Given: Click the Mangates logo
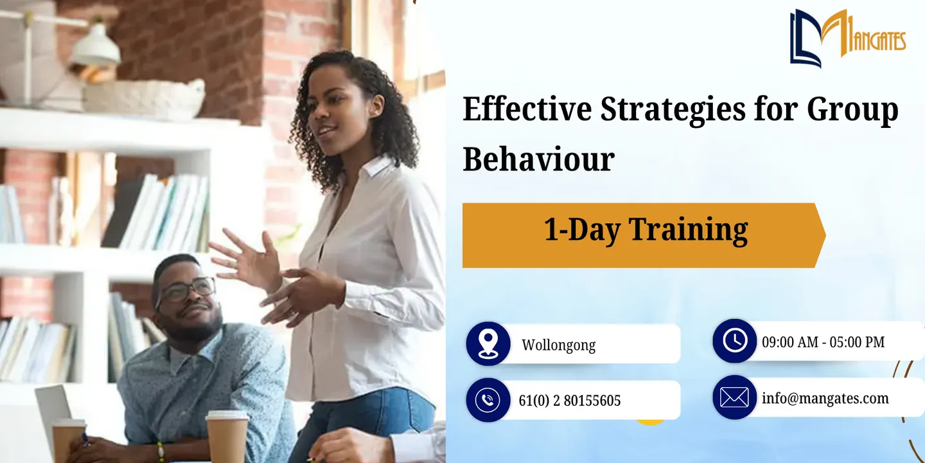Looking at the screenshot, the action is pyautogui.click(x=847, y=38).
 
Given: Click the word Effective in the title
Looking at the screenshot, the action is pyautogui.click(x=527, y=109).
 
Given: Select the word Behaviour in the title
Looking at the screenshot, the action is pyautogui.click(x=538, y=159).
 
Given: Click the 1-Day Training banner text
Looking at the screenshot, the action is pyautogui.click(x=646, y=230).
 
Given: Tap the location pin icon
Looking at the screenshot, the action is pyautogui.click(x=488, y=343).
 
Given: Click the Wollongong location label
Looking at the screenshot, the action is pyautogui.click(x=558, y=345).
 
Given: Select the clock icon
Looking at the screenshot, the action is pyautogui.click(x=735, y=341).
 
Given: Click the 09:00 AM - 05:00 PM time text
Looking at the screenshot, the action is pyautogui.click(x=823, y=342).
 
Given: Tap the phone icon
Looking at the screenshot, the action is pyautogui.click(x=488, y=400).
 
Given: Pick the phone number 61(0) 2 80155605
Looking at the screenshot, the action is pyautogui.click(x=569, y=401).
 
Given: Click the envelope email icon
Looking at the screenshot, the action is pyautogui.click(x=735, y=397).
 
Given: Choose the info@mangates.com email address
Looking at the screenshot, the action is pyautogui.click(x=825, y=399).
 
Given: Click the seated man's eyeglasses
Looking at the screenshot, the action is pyautogui.click(x=186, y=291).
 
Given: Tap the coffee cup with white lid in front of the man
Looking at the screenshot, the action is pyautogui.click(x=227, y=436).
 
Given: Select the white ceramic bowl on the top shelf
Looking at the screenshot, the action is pyautogui.click(x=145, y=99).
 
